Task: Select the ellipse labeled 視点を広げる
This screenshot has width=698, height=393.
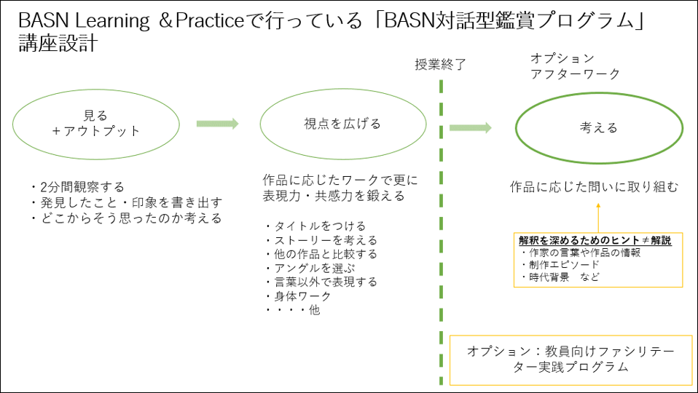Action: coord(342,124)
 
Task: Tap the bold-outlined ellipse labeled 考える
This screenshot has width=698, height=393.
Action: coord(598,128)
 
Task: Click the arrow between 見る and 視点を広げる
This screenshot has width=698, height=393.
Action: coord(217,124)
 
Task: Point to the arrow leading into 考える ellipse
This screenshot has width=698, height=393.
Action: coord(470,128)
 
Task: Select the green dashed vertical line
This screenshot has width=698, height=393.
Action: coord(442,218)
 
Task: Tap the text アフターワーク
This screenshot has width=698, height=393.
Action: coord(575,74)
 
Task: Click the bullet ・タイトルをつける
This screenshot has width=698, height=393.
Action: coord(315,226)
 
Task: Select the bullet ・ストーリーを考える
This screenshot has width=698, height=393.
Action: coord(321,240)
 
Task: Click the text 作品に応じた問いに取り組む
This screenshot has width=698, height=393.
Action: coord(594,187)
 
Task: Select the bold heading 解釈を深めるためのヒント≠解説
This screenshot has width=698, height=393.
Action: coord(595,240)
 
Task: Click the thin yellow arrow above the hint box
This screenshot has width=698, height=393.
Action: coord(597,218)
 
